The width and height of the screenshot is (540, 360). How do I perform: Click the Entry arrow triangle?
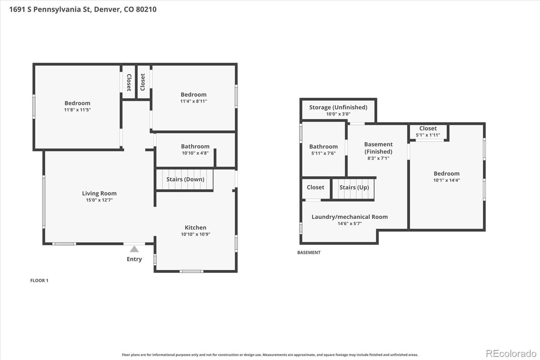point(134,249)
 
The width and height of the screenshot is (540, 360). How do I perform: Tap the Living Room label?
point(99,193)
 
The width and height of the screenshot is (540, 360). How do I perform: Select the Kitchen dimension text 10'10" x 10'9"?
point(195,234)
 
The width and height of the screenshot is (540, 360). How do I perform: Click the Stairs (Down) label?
point(185,179)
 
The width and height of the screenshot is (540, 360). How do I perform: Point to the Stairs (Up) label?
point(354,187)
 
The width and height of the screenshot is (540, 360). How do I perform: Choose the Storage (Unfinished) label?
point(338,107)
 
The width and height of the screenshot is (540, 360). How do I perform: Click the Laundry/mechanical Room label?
point(350,217)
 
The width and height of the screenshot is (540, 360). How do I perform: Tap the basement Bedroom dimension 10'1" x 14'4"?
point(447,180)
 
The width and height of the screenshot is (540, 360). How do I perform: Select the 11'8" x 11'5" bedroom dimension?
point(77,110)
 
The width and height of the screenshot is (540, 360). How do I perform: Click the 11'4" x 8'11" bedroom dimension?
point(194,101)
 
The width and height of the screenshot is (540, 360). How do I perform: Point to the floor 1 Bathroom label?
point(195,146)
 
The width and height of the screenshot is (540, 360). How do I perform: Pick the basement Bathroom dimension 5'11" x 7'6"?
point(323,153)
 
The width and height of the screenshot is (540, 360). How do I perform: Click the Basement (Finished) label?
point(378,148)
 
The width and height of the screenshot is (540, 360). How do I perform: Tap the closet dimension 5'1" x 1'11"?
point(428,135)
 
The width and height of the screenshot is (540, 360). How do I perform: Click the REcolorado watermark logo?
point(511,354)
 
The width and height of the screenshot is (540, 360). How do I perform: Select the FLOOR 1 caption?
point(39,280)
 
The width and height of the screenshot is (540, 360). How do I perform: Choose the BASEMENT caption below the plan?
point(309,252)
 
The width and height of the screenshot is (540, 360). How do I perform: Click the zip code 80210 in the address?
point(146,9)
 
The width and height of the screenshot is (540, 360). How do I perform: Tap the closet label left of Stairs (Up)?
point(315,187)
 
